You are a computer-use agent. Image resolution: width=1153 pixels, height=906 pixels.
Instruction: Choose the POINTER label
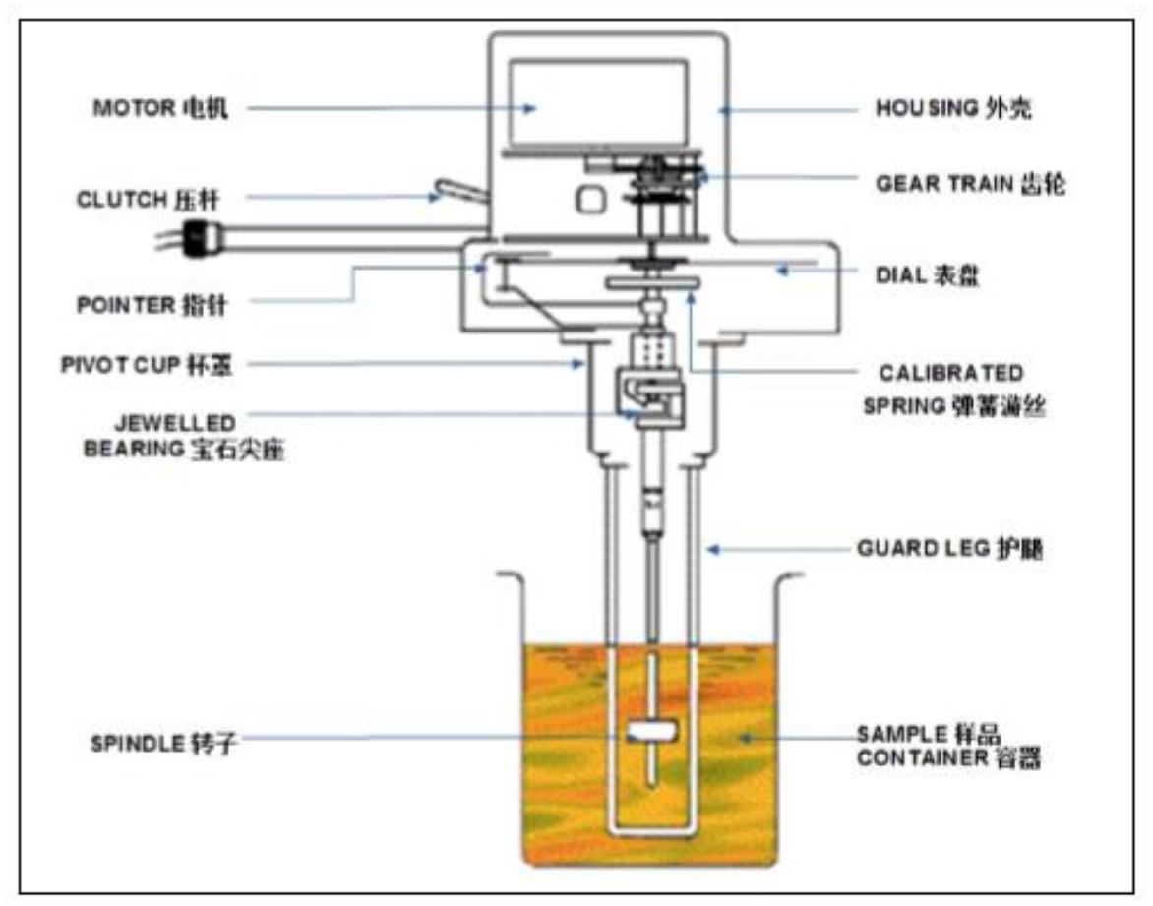152,305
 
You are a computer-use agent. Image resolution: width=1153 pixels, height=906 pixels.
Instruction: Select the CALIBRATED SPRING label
949,389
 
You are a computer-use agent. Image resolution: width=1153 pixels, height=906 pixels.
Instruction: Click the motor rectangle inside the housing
597,102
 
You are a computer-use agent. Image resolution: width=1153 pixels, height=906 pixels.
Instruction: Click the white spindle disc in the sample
651,732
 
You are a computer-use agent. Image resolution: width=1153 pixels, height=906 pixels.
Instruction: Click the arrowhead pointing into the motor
529,108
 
